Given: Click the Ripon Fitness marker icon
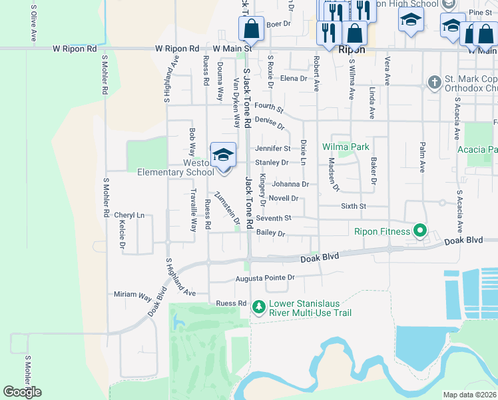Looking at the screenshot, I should click(x=420, y=231).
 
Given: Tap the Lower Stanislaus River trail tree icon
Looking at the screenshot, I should click(x=258, y=307).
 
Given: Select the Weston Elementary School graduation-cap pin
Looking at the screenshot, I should click(x=223, y=156).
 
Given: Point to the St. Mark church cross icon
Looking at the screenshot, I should click(x=434, y=83).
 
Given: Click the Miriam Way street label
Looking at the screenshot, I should click(x=132, y=294).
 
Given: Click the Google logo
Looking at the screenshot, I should click(x=22, y=392).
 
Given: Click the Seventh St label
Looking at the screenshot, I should click(x=274, y=218).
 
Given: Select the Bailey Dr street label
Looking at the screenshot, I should click(x=271, y=234).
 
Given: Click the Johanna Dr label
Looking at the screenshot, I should click(x=290, y=184).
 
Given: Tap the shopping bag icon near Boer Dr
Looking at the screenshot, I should click(x=251, y=29).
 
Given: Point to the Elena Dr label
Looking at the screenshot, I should click(x=294, y=78).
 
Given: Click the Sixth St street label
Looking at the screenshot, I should click(x=354, y=207).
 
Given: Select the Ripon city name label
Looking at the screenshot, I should click(x=352, y=49).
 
